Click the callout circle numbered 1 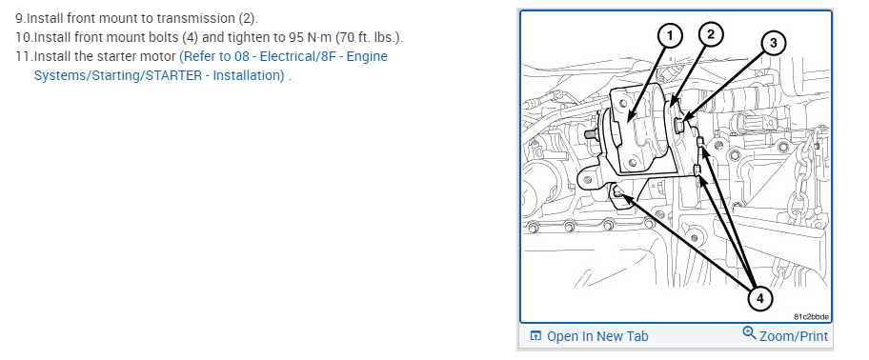click(x=670, y=36)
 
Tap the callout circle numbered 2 click(x=711, y=35)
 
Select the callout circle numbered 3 click(x=773, y=43)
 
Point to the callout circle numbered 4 click(x=759, y=298)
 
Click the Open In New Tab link click(x=597, y=336)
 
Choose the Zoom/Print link click(x=794, y=336)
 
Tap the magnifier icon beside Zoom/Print click(x=749, y=333)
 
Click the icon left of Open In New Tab click(x=536, y=335)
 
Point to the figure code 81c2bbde click(x=812, y=317)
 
